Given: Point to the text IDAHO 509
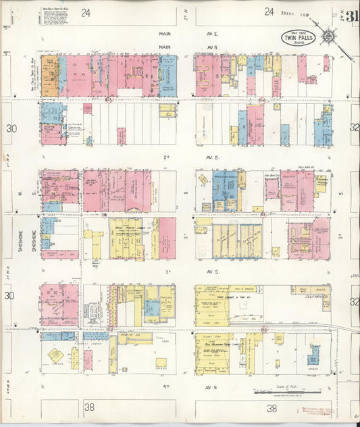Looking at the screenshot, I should click(x=294, y=11).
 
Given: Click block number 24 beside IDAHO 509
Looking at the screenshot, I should click(x=269, y=11).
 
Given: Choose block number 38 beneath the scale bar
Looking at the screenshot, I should click(x=272, y=408).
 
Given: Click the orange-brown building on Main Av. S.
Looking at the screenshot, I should click(x=49, y=76).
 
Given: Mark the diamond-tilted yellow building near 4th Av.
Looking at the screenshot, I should click(x=56, y=355).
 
